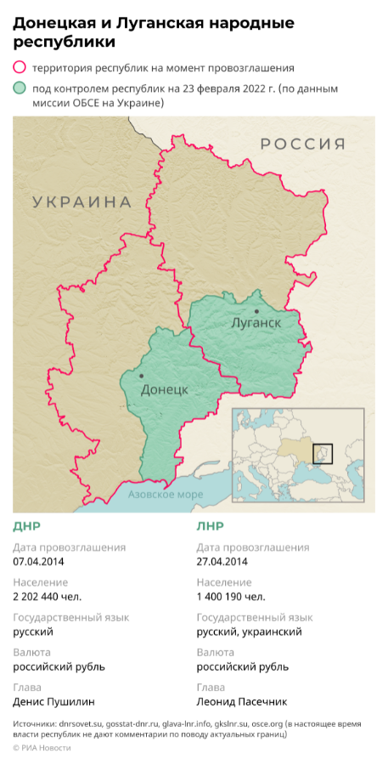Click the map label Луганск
(256, 324)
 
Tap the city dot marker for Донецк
(141, 376)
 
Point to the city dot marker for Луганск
(256, 311)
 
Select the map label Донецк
(163, 389)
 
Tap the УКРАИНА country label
(82, 201)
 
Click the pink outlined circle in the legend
(20, 67)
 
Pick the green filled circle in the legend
(20, 88)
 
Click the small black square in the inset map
(323, 453)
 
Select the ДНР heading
(26, 526)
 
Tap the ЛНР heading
(210, 526)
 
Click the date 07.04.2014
(38, 561)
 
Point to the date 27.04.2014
(222, 561)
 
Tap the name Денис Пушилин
(53, 702)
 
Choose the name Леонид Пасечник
(242, 702)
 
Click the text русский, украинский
(249, 632)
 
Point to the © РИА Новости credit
(42, 748)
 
